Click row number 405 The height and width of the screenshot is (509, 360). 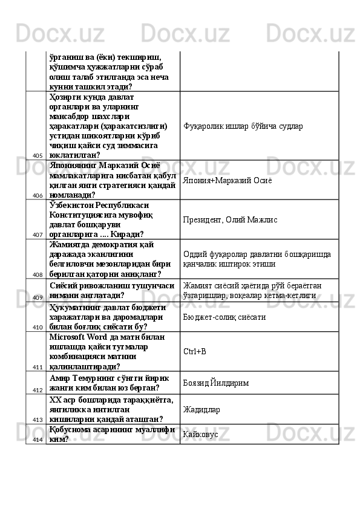pos(38,156)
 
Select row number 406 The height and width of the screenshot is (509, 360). pos(38,196)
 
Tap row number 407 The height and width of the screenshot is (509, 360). pos(38,235)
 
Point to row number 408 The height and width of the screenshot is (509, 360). pos(38,274)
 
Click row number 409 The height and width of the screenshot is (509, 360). pos(38,297)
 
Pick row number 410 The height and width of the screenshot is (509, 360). pos(38,327)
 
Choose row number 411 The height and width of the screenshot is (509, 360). pos(38,367)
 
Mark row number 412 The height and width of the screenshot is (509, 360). pos(38,391)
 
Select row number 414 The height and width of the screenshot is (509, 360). pos(38,439)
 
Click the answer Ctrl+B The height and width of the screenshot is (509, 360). pos(194,351)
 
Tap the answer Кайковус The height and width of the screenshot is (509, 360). pos(200,434)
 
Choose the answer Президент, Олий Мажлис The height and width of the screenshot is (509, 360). pos(230,219)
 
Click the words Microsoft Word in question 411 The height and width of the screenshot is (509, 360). pos(80,337)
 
